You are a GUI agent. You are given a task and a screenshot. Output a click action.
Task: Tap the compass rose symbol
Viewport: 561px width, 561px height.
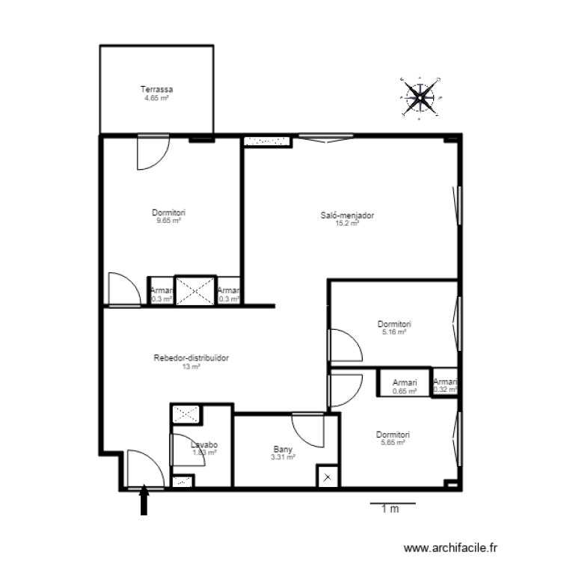tap(420, 96)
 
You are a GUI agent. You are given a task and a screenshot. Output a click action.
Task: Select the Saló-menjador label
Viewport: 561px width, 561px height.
tap(347, 215)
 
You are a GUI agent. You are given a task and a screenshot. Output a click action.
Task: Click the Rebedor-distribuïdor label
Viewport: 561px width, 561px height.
tap(191, 358)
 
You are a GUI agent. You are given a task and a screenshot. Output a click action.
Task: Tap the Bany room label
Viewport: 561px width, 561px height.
tap(282, 450)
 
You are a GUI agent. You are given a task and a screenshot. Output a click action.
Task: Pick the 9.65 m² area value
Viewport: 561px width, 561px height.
tap(168, 221)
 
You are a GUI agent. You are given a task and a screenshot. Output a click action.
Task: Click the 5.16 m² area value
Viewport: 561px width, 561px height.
tap(393, 332)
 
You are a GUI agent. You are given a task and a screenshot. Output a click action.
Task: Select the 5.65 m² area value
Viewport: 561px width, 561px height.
tap(393, 443)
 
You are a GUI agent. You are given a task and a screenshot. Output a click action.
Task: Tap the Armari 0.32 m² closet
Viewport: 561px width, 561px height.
tap(445, 383)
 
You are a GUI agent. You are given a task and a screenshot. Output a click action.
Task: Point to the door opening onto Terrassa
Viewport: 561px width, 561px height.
tap(152, 151)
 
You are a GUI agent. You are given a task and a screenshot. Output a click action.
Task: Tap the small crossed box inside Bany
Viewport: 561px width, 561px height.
tap(327, 476)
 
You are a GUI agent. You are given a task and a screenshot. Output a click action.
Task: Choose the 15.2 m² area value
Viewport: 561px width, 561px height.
tap(347, 223)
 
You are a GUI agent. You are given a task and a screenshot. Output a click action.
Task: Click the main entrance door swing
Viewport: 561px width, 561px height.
tap(144, 468)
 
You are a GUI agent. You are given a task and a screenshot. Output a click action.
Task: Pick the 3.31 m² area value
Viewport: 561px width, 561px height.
tap(282, 457)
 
